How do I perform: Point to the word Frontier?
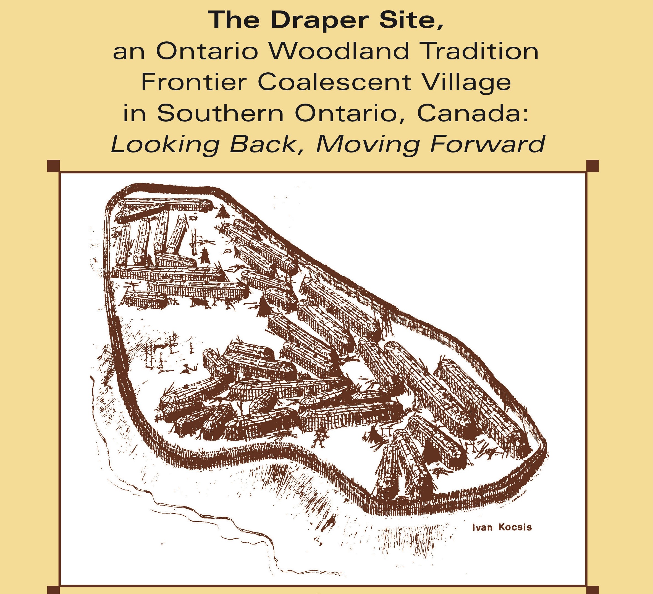tap(194, 82)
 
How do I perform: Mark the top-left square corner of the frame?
tap(53, 166)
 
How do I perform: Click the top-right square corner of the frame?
tap(592, 166)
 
